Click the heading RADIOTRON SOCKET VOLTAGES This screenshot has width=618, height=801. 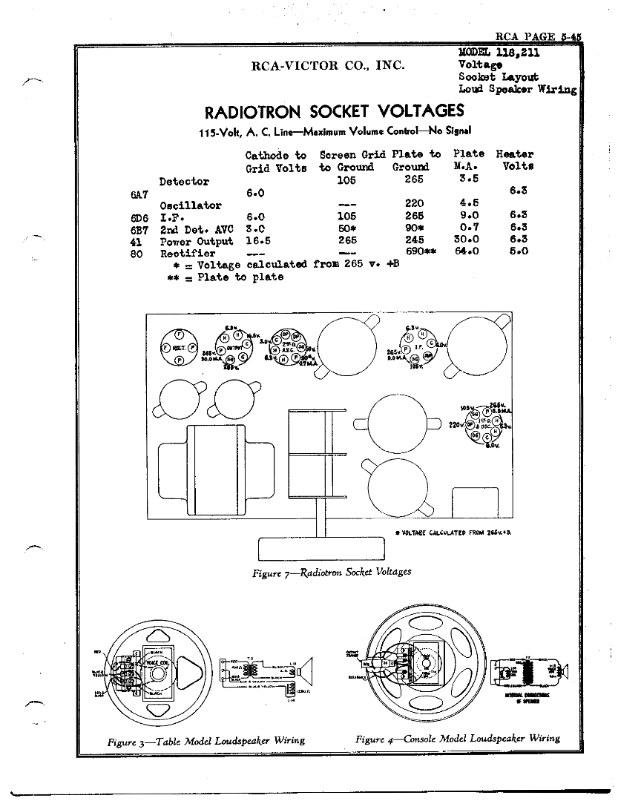coord(334,112)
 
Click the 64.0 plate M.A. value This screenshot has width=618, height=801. coord(467,252)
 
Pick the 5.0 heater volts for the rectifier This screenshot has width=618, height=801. coord(519,252)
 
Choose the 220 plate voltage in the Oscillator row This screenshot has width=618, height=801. coord(414,205)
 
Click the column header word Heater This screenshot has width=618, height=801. coord(514,154)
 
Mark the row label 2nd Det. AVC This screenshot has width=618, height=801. coord(196,229)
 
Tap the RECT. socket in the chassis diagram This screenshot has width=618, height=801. coord(179,348)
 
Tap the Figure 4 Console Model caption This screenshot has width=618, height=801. coord(457,739)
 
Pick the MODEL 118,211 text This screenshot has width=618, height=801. coord(499,53)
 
